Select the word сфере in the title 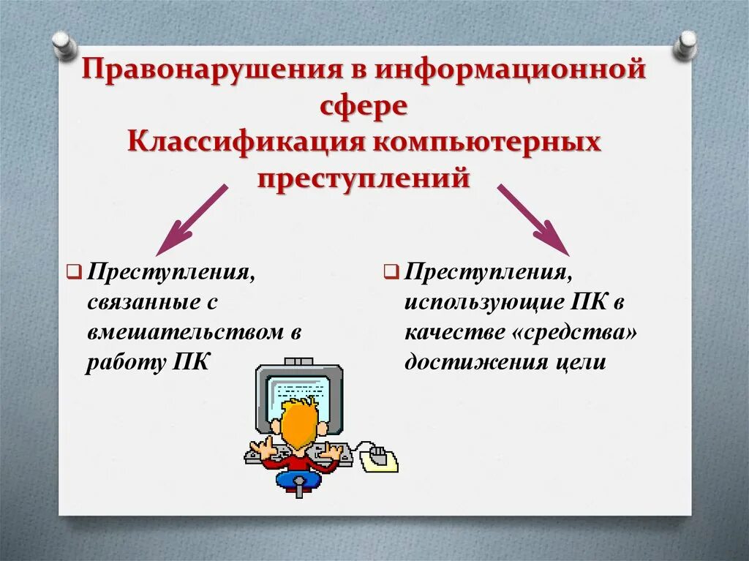[x=363, y=107]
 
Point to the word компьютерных [x=488, y=142]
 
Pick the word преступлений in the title [x=363, y=177]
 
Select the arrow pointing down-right [x=534, y=219]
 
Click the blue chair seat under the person [x=298, y=480]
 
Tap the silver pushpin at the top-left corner [x=64, y=45]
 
